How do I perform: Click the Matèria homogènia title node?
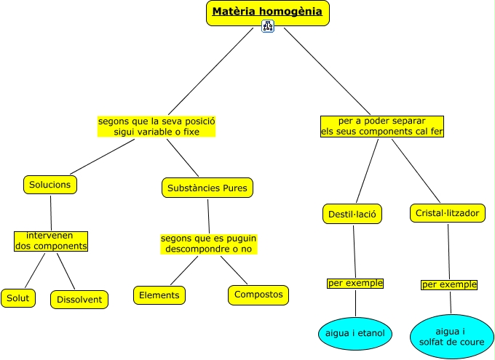click(x=267, y=12)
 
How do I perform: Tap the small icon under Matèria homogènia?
click(x=267, y=27)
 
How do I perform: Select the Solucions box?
click(x=49, y=185)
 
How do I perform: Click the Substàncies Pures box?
click(x=207, y=188)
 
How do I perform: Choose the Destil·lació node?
click(x=352, y=214)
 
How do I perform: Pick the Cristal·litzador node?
click(x=446, y=213)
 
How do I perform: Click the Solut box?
click(x=17, y=297)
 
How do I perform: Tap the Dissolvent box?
click(x=79, y=299)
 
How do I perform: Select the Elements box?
click(x=159, y=295)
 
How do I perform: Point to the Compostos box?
click(x=258, y=295)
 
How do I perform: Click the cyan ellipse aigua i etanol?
click(x=355, y=334)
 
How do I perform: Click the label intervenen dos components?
click(x=51, y=241)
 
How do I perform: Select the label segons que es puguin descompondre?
click(x=209, y=244)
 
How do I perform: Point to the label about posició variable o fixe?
click(x=157, y=127)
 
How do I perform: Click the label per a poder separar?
click(x=382, y=127)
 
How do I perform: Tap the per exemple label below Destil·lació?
click(x=355, y=283)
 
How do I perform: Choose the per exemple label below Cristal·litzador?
click(x=449, y=284)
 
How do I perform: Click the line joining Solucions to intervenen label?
click(x=51, y=212)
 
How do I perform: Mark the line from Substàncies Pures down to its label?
click(x=208, y=215)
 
